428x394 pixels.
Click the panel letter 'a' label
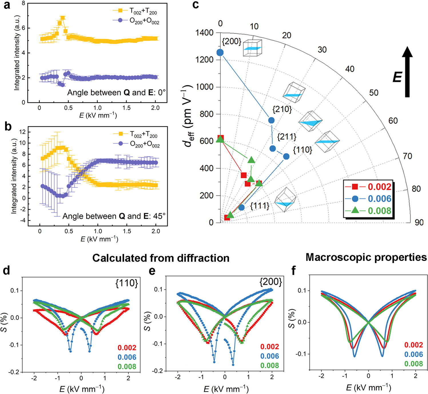(6, 5)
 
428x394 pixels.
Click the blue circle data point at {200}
(220, 52)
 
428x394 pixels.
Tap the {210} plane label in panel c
(282, 109)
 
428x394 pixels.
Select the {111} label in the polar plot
(260, 206)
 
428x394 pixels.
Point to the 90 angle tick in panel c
(419, 222)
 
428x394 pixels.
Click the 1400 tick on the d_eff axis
(204, 33)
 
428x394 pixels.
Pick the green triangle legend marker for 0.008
(355, 211)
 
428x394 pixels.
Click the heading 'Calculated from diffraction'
(161, 258)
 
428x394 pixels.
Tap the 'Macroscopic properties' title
(366, 257)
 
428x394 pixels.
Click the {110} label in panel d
(126, 283)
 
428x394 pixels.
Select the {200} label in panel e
(270, 282)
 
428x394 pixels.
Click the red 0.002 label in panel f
(413, 345)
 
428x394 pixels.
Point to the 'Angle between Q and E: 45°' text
(114, 216)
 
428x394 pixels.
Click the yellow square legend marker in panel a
(120, 11)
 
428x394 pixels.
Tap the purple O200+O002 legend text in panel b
(145, 144)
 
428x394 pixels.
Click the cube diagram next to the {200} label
(252, 48)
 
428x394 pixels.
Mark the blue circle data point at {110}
(286, 156)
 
